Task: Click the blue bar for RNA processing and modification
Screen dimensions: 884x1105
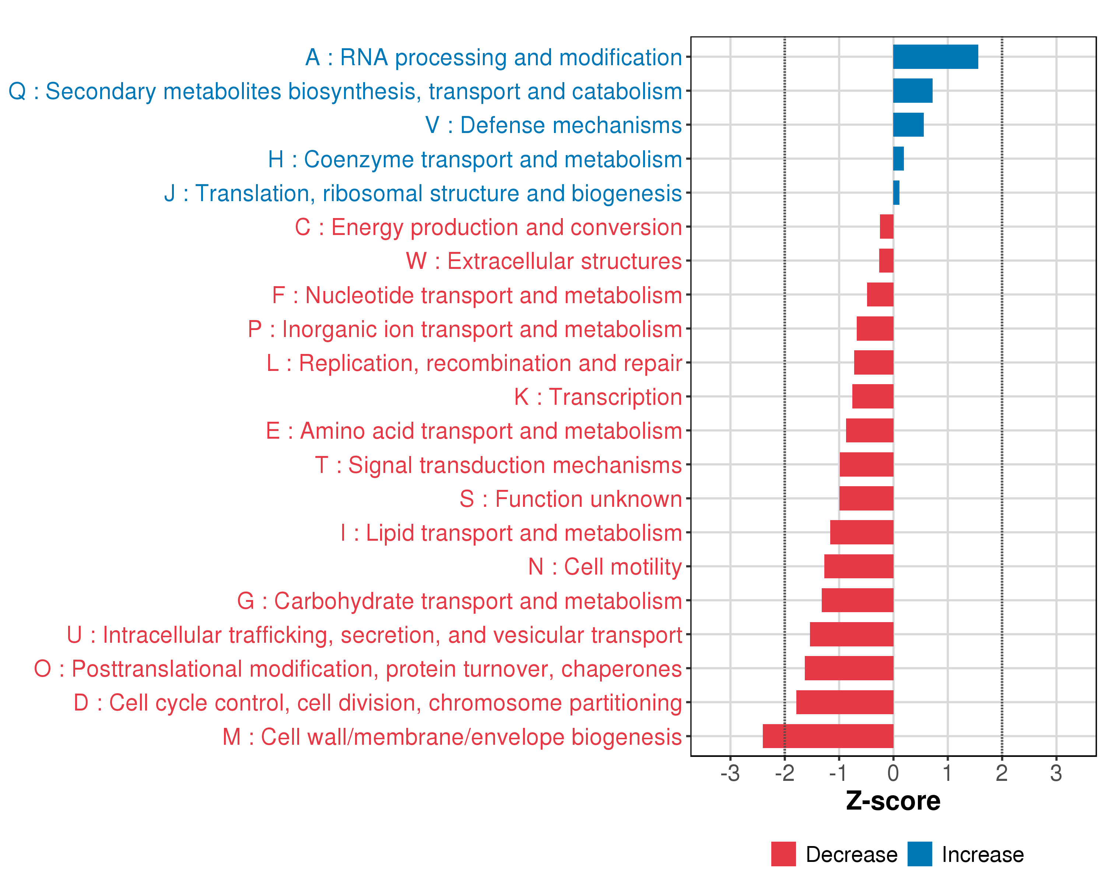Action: coord(935,57)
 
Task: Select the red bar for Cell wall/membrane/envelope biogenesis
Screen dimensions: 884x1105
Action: coord(828,736)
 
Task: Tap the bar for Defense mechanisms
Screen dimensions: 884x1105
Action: coord(908,124)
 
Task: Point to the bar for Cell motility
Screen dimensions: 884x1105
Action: coord(859,566)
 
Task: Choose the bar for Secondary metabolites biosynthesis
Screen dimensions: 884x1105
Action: coord(912,91)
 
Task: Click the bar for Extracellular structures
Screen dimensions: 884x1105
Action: coord(886,261)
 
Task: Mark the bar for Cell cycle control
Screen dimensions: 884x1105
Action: coord(845,702)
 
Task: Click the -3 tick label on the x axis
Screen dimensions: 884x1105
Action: coord(730,773)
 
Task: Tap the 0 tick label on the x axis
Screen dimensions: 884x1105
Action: coord(893,773)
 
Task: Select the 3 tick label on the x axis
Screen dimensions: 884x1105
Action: coord(1056,773)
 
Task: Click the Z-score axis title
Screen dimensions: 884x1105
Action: coord(893,801)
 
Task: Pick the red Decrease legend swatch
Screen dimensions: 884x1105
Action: coord(783,854)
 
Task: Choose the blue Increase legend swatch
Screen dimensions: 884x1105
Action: coord(919,854)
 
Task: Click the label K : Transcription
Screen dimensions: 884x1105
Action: coord(597,397)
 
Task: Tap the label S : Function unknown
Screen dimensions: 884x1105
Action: coord(571,499)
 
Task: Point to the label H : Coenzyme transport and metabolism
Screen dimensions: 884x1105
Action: coord(474,159)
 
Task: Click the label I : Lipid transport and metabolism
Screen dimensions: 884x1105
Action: coord(511,533)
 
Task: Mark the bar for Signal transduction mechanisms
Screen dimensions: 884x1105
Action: coord(866,464)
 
